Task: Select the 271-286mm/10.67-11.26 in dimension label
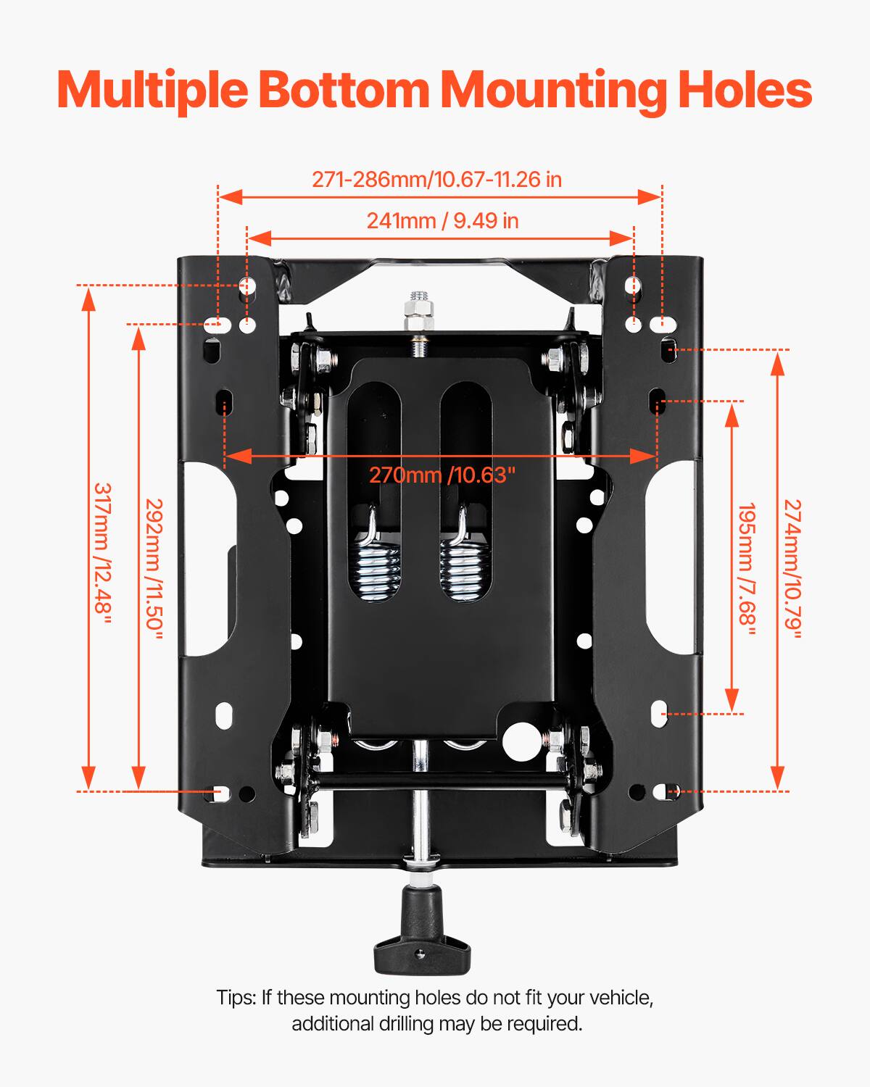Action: (x=436, y=179)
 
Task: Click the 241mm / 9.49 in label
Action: (x=442, y=220)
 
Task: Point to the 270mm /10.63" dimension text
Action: (x=442, y=475)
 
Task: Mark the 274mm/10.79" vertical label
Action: (x=792, y=568)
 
